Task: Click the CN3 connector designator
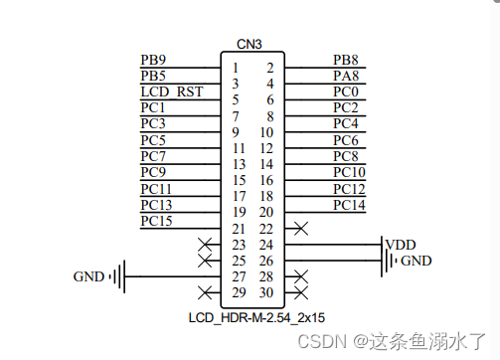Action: coord(250,44)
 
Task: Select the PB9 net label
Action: coord(153,60)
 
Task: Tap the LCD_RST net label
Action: coord(171,91)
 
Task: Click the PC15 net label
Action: coord(157,220)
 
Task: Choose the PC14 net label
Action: coord(350,205)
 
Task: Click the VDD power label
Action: coord(401,244)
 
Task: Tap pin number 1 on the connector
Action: coord(235,68)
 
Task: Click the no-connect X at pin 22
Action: coord(301,229)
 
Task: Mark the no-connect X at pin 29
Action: coord(205,292)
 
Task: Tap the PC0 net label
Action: coord(346,91)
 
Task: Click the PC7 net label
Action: coord(153,156)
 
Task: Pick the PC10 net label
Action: coord(350,172)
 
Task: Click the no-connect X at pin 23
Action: coord(205,245)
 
